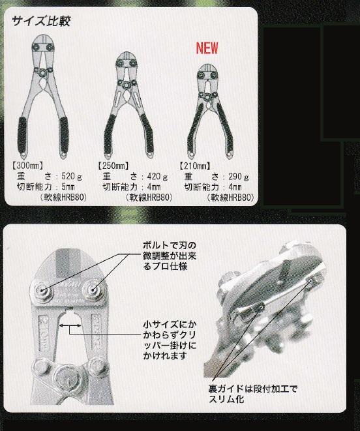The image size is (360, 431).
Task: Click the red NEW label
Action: point(207,48)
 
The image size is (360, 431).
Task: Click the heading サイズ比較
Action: point(41,21)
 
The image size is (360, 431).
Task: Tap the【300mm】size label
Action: point(27,166)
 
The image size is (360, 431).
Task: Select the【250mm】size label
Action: point(113,166)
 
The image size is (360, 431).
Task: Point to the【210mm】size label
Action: point(195,166)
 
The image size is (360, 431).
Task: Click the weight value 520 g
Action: point(72,176)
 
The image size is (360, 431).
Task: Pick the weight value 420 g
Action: point(157,176)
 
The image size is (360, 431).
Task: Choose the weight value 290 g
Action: point(239,177)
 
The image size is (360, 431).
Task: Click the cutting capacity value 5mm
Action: point(68,187)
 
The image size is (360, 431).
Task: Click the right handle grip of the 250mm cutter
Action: point(147,135)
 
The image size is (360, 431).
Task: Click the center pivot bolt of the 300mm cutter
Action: point(42,72)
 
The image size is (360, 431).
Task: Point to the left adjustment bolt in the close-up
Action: point(42,290)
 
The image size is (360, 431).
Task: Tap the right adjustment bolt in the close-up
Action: point(93,290)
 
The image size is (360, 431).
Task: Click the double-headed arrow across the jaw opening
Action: point(70,325)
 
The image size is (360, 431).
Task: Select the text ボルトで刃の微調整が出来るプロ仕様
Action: point(170,256)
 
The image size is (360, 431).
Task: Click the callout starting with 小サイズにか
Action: point(170,340)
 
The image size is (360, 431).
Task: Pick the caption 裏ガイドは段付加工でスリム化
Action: point(253,394)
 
